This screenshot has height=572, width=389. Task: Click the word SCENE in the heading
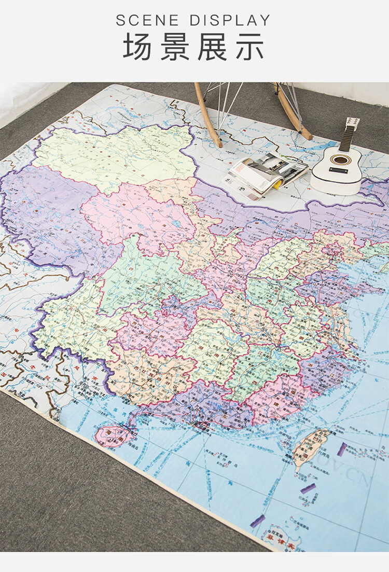[x=147, y=20]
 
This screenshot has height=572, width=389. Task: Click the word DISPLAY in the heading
[x=230, y=20]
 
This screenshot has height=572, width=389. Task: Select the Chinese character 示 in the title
[x=251, y=47]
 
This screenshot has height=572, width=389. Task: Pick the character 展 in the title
[x=212, y=47]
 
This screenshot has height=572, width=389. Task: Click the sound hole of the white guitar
[x=340, y=160]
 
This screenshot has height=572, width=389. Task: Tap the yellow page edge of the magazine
[x=278, y=183]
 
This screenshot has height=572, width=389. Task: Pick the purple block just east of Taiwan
[x=342, y=449]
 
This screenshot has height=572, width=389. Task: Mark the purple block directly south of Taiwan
[x=308, y=488]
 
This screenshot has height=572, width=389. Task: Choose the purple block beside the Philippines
[x=258, y=521]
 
